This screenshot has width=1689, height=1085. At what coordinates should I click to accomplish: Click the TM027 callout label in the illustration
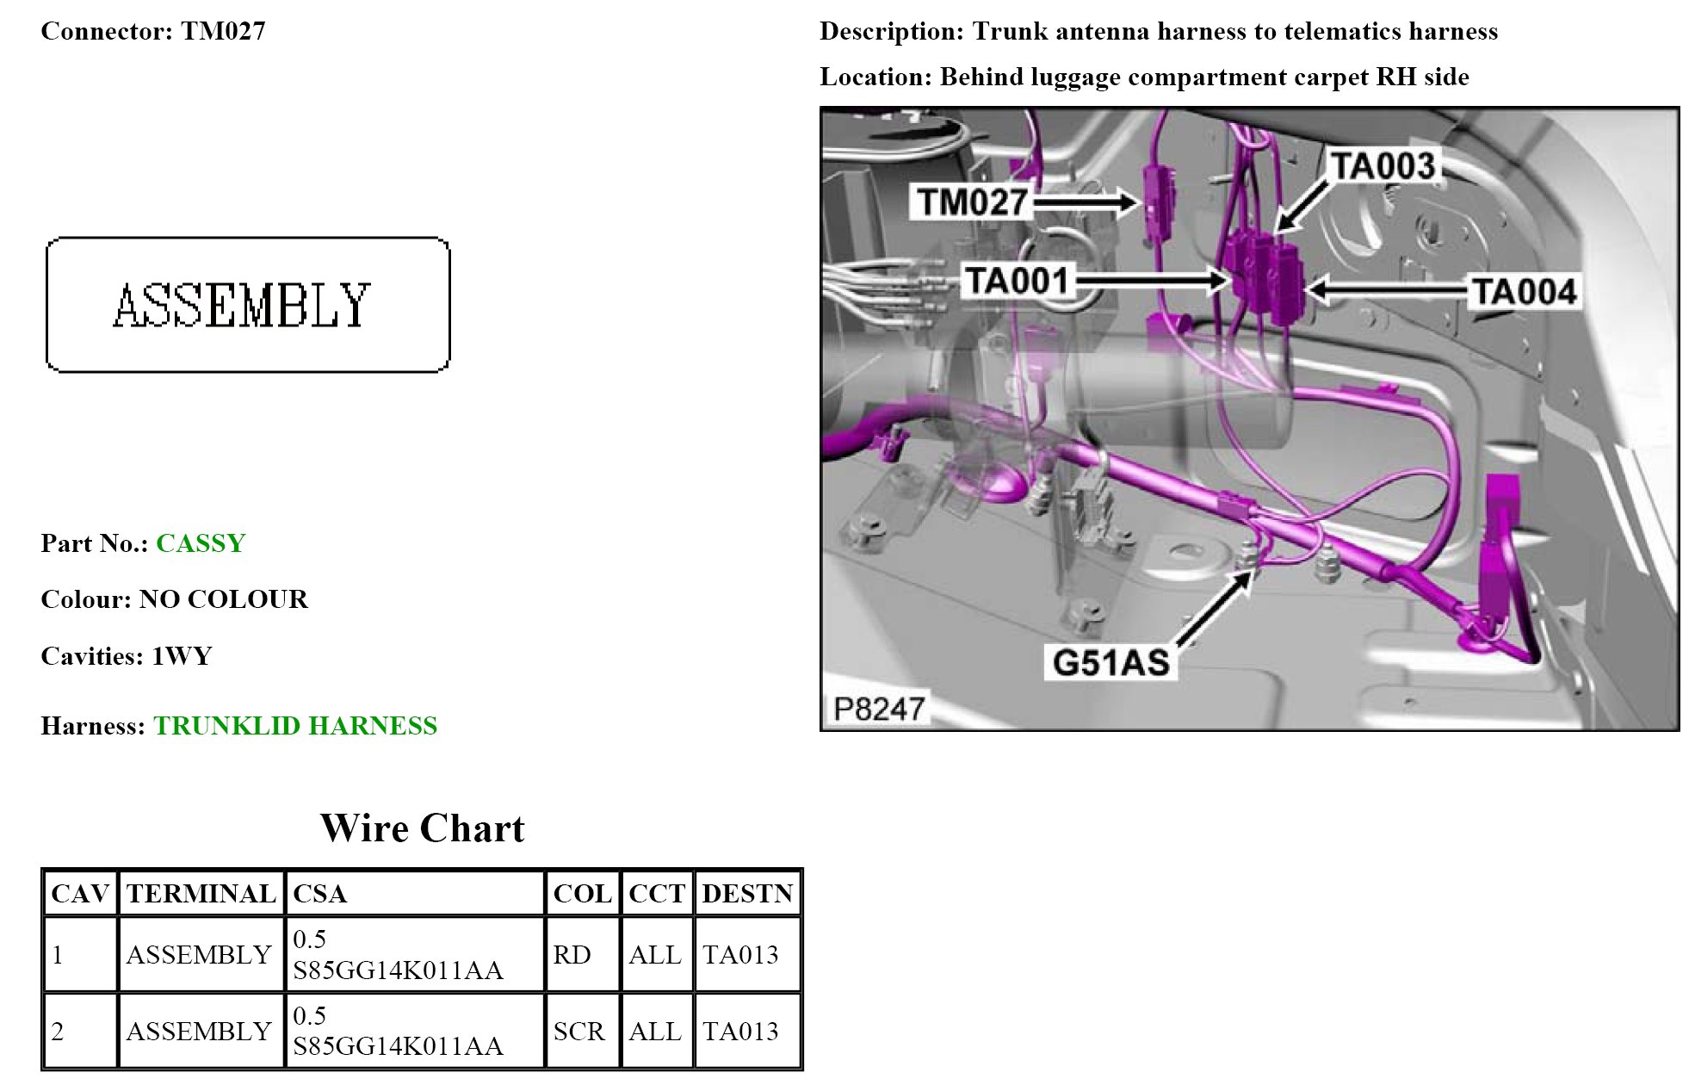[x=972, y=203]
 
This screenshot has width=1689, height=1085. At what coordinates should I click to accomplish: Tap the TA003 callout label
[x=1383, y=166]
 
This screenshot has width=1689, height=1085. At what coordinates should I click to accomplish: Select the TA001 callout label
[x=1017, y=282]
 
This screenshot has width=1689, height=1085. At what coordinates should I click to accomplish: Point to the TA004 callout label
[x=1524, y=292]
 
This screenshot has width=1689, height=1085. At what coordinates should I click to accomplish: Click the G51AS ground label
[x=1111, y=663]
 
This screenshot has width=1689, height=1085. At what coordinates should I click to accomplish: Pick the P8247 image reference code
[x=879, y=710]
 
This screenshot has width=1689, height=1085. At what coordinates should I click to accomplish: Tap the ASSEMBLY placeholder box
[x=247, y=305]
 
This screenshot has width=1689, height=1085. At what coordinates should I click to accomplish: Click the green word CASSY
[x=201, y=543]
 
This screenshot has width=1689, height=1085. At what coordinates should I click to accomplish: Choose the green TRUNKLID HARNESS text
[x=295, y=726]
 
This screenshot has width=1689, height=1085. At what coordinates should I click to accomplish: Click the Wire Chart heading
[x=422, y=828]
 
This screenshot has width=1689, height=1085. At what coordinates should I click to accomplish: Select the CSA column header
[x=319, y=894]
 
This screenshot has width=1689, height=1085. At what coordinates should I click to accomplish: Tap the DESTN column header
[x=746, y=894]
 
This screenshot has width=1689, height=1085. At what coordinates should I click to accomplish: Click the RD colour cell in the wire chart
[x=572, y=955]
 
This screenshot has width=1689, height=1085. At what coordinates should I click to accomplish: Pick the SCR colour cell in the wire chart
[x=578, y=1032]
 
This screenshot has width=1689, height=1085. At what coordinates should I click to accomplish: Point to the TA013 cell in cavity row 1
[x=740, y=955]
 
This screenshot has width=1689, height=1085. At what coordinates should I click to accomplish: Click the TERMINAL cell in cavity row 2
[x=199, y=1032]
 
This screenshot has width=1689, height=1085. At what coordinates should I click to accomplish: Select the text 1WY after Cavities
[x=182, y=656]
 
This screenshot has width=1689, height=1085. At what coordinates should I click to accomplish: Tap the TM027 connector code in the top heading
[x=223, y=32]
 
